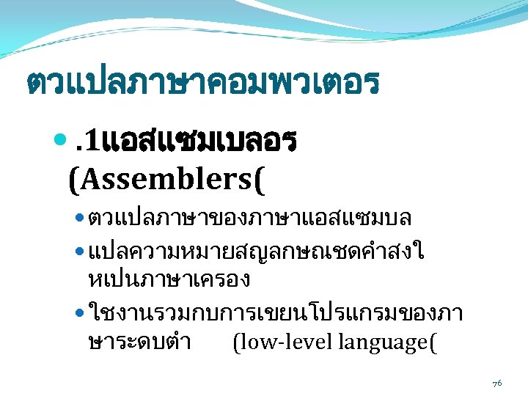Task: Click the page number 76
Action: pos(496,383)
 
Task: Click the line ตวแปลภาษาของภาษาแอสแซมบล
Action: pos(249,218)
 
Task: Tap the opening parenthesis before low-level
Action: pos(235,342)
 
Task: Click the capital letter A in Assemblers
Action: pos(87,177)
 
